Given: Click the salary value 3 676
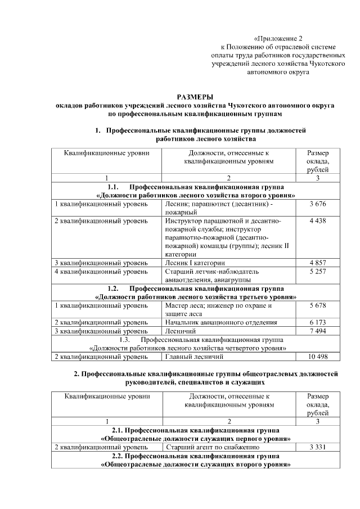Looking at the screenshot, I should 318,204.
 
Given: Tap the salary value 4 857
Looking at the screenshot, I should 318,263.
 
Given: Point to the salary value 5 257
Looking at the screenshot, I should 318,271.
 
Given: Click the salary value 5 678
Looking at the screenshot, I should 318,305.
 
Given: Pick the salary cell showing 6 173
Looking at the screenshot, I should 318,322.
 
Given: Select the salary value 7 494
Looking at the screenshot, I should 318,331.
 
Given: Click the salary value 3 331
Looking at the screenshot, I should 318,447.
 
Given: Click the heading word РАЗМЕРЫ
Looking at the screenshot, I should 195,97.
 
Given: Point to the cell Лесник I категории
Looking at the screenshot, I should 196,263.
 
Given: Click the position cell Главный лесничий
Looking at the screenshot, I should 195,357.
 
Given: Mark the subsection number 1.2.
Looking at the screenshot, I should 112,288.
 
